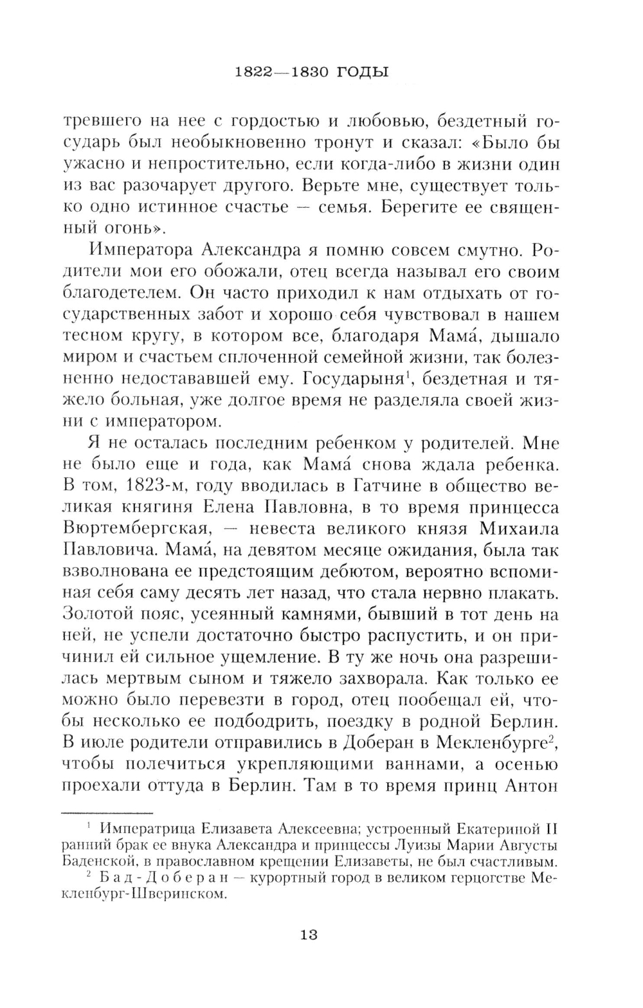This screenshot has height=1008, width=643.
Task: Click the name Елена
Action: (224, 508)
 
